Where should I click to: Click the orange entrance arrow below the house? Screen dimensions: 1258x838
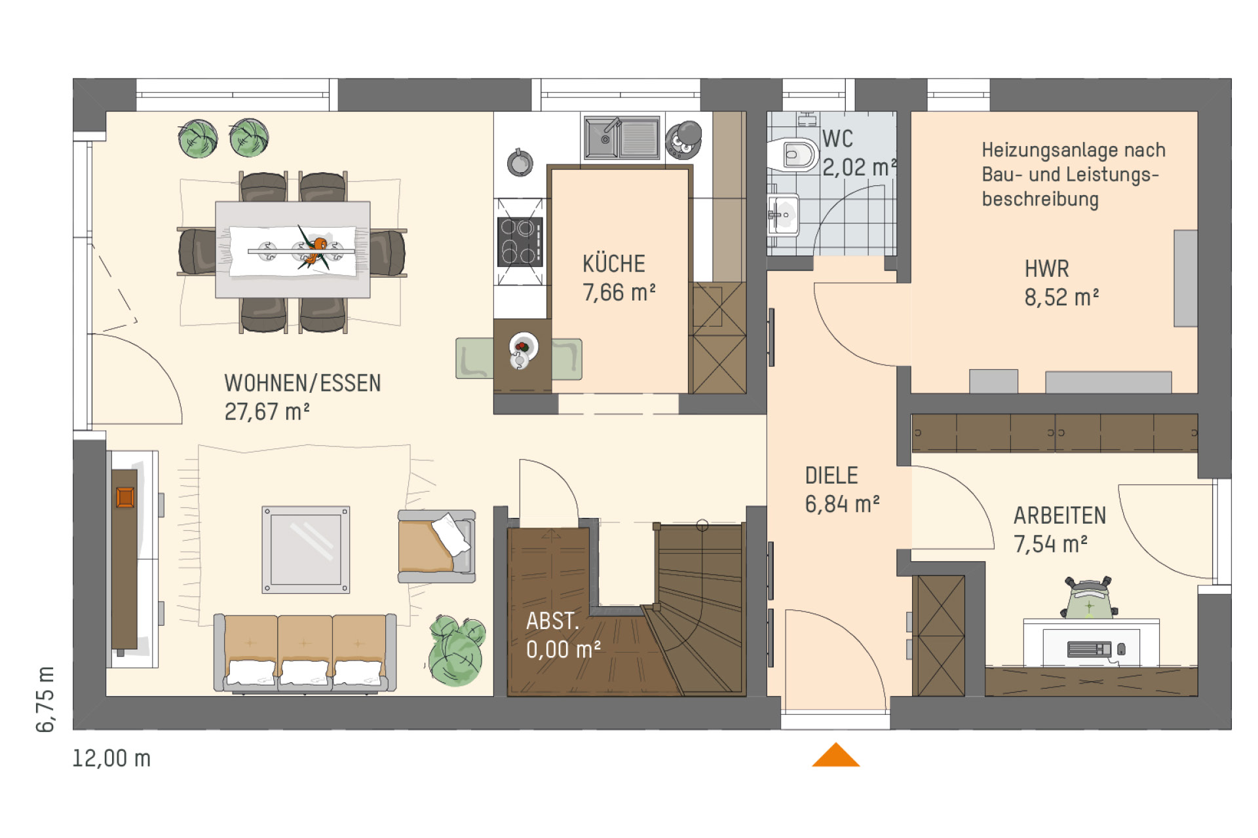(x=835, y=756)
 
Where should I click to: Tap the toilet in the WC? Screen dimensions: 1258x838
(x=793, y=155)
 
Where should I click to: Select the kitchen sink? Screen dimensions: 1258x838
(x=621, y=138)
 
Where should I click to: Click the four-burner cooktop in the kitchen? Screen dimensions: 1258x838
(x=520, y=242)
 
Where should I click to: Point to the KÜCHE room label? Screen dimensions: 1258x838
(x=614, y=264)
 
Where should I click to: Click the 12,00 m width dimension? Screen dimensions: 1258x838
(x=111, y=758)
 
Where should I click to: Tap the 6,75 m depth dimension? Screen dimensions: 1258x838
(x=46, y=699)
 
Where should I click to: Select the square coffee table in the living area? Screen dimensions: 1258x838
(x=306, y=550)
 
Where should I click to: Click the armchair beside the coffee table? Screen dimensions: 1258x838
(x=436, y=547)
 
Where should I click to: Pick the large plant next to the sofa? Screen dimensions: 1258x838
(x=457, y=650)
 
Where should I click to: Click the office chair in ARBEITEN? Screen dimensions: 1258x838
(x=1089, y=598)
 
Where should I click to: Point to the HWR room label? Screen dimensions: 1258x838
(x=1047, y=268)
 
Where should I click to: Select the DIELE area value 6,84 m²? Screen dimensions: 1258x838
(x=842, y=503)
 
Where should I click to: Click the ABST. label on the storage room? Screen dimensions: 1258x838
(x=552, y=621)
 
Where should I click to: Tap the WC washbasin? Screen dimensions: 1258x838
(x=784, y=215)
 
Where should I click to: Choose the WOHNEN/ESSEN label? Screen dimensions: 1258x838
(x=303, y=383)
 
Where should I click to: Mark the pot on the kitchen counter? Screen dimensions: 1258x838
(x=520, y=162)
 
